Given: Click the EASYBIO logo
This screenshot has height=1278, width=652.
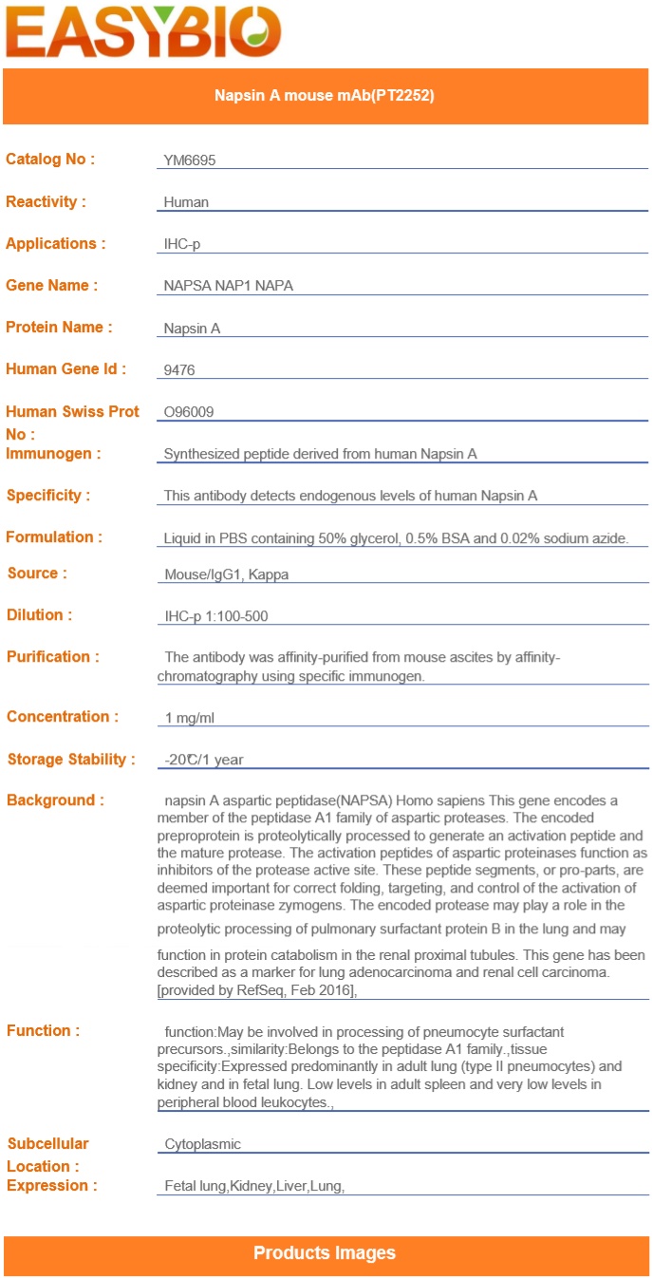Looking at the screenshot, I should point(143,32).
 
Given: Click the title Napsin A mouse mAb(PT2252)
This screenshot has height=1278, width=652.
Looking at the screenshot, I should point(325,95).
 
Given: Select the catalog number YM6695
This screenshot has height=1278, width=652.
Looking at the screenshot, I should point(190,160).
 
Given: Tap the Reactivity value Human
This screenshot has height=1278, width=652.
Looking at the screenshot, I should point(186,202).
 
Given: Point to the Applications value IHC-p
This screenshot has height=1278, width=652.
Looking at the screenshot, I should point(182,244).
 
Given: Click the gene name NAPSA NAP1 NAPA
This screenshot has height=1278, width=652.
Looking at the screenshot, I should point(228,286).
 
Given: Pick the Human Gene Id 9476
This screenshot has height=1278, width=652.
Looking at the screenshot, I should point(179,370).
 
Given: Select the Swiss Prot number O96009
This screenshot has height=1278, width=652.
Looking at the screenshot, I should point(189,412).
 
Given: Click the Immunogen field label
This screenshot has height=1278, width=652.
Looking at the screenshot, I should point(53,454).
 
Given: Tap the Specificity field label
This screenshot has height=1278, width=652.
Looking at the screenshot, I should point(48,496).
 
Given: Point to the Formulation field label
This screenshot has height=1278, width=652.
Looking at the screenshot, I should point(54,537).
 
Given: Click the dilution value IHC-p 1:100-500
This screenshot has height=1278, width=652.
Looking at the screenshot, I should point(216,616).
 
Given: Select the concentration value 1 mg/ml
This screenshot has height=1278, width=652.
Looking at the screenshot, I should point(190,718).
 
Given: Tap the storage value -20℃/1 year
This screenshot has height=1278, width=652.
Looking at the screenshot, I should point(204,760).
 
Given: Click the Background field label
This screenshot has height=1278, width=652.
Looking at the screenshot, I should point(55,800).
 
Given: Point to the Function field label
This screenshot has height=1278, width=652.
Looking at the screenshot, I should point(44,1031).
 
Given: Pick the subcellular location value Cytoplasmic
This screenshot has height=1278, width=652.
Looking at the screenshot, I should point(203,1145).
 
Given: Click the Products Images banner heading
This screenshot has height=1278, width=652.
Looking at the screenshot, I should point(325,1253).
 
